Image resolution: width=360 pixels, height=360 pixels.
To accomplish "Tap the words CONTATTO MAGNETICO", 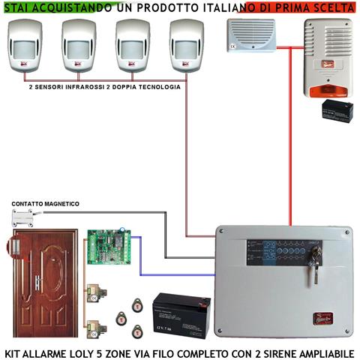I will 44,204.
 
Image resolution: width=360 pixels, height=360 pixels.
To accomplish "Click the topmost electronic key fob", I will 137,304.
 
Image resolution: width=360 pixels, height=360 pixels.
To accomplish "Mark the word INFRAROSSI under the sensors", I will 79,87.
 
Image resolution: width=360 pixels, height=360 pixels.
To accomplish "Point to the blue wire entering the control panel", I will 187,274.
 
